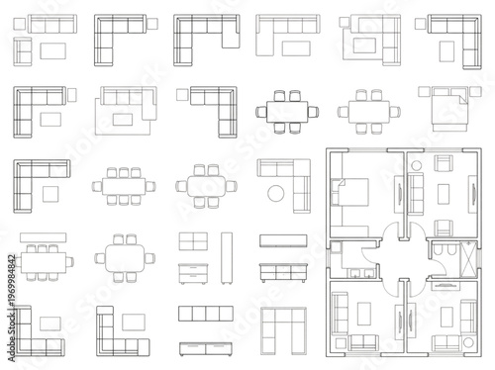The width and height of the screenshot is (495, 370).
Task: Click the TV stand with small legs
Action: [x=277, y=268]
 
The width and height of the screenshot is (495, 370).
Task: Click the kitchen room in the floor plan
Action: [x=352, y=260]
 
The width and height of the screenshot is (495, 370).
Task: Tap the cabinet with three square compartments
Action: [x=199, y=314]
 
